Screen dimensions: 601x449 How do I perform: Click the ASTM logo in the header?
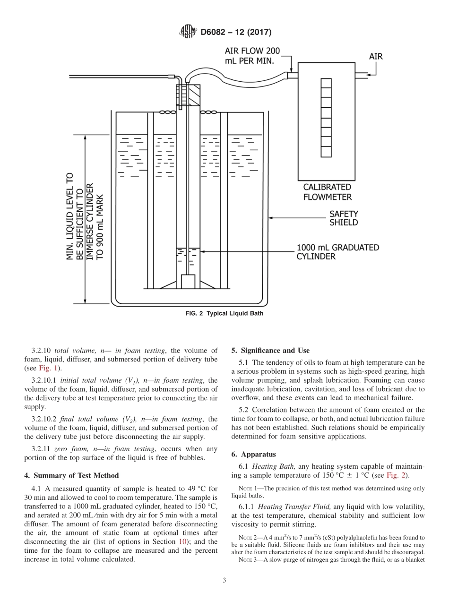(189, 32)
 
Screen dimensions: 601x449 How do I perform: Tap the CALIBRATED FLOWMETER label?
(327, 192)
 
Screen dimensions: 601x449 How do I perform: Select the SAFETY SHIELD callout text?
(344, 218)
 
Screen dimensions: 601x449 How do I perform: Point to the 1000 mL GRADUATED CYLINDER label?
(337, 251)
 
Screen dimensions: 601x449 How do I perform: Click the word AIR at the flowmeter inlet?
(376, 56)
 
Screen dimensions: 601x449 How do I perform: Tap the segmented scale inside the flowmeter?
(326, 118)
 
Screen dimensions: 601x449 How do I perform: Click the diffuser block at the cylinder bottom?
(188, 282)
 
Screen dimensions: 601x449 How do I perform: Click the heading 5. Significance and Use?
(270, 351)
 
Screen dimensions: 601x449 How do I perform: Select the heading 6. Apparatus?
(253, 455)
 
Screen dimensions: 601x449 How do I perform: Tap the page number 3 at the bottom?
(224, 581)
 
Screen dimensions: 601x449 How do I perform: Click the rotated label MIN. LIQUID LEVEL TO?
(69, 216)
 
